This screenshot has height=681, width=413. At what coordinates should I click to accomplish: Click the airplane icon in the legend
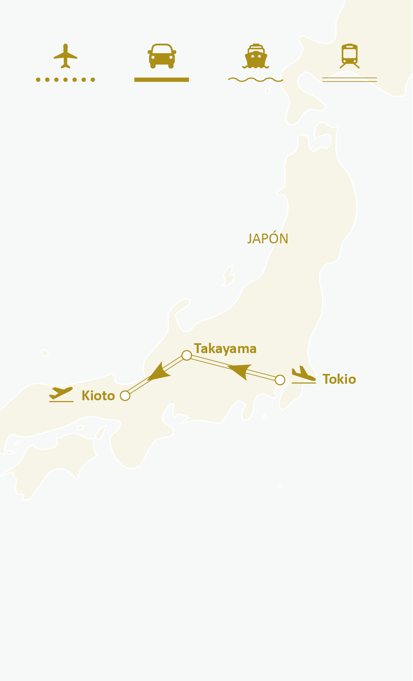tap(65, 56)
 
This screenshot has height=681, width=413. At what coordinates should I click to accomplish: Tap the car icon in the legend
tap(162, 56)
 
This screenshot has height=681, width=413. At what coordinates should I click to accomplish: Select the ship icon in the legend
tap(256, 56)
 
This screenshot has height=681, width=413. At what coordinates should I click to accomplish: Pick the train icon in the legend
tap(349, 56)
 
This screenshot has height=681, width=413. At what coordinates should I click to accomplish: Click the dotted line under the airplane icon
tap(65, 80)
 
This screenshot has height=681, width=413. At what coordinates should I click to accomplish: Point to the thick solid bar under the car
tap(162, 80)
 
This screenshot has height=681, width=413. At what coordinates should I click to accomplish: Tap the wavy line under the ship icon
tap(256, 80)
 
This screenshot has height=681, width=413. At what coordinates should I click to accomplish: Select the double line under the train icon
tap(349, 80)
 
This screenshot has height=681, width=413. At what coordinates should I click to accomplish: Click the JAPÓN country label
tap(267, 239)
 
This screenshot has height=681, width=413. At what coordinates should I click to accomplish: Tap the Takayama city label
tap(225, 349)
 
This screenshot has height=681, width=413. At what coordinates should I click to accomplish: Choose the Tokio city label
tap(339, 379)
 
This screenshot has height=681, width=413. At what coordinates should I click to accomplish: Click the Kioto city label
tap(98, 396)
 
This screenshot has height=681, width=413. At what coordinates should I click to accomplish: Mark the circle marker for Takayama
tap(187, 355)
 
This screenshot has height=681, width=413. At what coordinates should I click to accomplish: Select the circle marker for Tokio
tap(280, 380)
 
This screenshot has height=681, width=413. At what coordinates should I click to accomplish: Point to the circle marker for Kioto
tap(125, 396)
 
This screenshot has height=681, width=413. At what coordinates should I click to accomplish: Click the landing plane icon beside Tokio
tap(303, 375)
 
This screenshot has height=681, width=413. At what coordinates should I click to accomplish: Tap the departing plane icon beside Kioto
tap(61, 394)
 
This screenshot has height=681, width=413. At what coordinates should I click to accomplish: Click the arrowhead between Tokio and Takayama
tap(240, 371)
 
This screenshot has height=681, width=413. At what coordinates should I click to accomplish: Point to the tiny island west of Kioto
tap(45, 353)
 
